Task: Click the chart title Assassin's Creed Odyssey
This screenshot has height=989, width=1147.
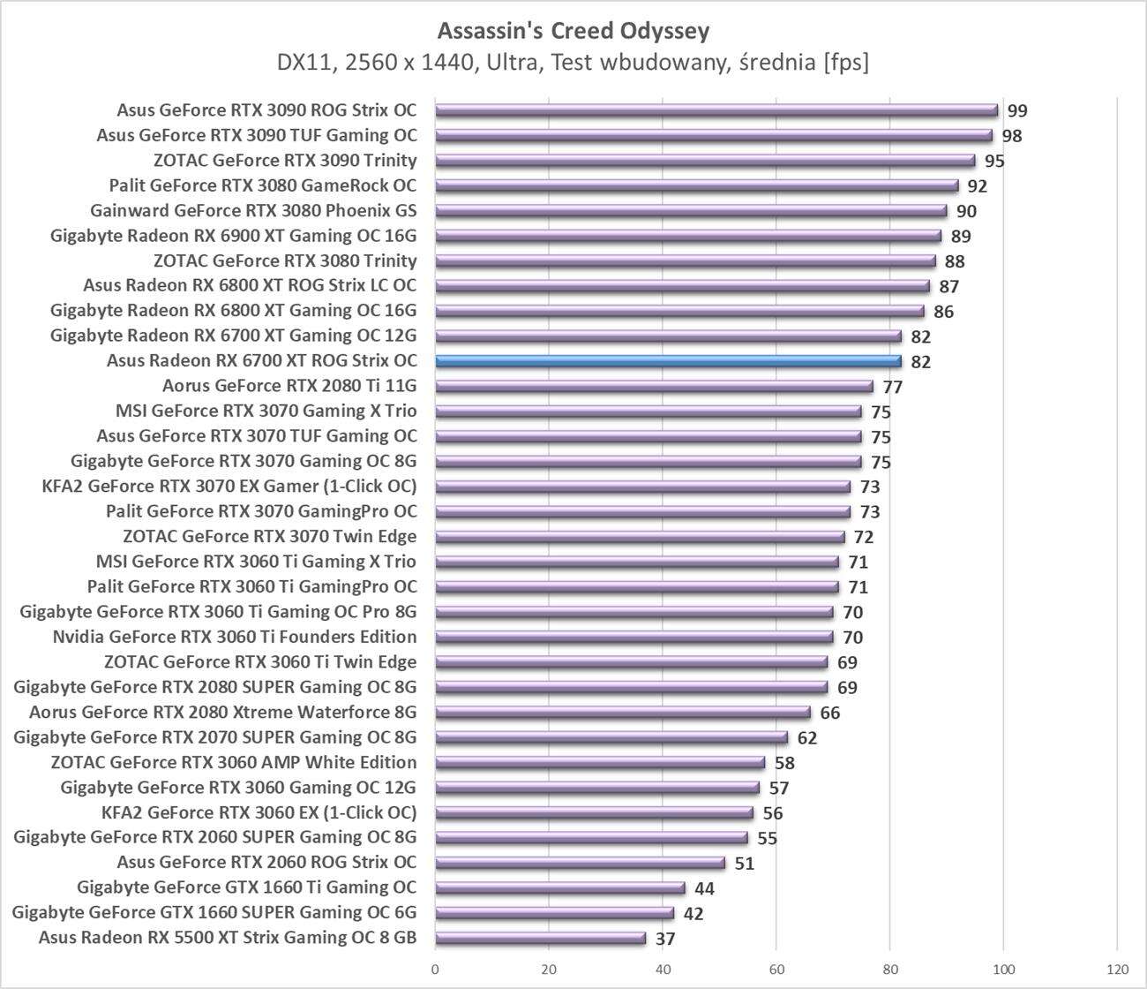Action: [573, 32]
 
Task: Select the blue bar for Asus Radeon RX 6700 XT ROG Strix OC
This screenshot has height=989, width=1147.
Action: [668, 361]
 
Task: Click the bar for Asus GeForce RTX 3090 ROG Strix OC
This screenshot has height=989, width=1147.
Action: [716, 110]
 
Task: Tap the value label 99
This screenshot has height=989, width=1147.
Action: [1017, 111]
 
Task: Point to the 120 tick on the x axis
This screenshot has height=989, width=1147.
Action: [1117, 970]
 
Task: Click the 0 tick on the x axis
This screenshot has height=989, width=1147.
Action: [435, 970]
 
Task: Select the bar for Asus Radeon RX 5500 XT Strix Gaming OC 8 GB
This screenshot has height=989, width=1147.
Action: [540, 938]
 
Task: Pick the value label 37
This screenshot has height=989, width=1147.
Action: [665, 939]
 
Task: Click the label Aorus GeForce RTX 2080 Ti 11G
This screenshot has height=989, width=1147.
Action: [289, 386]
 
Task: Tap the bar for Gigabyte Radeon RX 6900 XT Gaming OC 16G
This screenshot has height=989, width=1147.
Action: [688, 236]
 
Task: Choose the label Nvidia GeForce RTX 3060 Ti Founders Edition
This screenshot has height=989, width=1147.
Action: [235, 637]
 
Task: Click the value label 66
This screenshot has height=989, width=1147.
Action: [829, 713]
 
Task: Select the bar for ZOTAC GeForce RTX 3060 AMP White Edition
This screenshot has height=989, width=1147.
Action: [600, 762]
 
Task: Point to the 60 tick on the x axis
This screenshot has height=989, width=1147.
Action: [776, 970]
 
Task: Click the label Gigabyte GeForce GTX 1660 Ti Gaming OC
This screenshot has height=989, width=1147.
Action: [246, 887]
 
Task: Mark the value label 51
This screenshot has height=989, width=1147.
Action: [745, 864]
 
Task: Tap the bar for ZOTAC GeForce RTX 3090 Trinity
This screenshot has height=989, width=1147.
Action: [705, 161]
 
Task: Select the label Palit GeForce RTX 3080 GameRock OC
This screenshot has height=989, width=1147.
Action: [263, 185]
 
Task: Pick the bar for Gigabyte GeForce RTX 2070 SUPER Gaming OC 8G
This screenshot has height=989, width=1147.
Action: [611, 737]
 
